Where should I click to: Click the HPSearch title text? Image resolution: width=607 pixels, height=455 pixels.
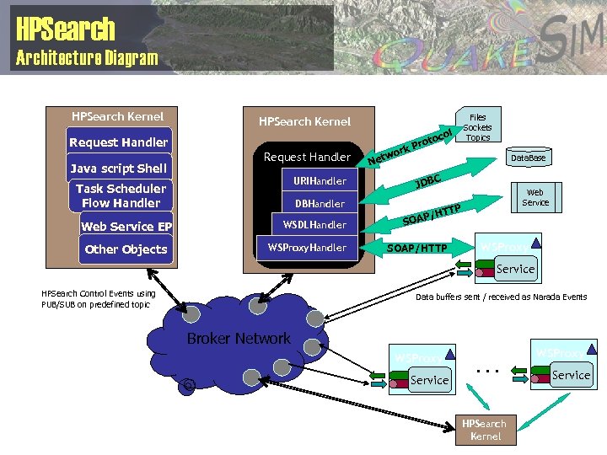[65, 29]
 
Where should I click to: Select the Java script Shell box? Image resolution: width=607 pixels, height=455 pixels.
[119, 169]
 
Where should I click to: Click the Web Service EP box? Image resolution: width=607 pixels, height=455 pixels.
[126, 226]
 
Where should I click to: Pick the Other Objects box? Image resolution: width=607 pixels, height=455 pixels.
[126, 249]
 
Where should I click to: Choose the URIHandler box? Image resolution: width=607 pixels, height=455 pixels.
[320, 181]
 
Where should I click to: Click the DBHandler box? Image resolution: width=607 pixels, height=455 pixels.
[320, 203]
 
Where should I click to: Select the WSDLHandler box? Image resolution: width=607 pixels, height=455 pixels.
[314, 225]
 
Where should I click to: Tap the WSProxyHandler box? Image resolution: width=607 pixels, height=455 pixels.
[307, 248]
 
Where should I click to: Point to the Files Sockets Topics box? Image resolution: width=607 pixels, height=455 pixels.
[477, 127]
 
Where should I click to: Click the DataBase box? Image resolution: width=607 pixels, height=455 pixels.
[528, 158]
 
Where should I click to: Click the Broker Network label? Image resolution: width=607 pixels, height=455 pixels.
[239, 339]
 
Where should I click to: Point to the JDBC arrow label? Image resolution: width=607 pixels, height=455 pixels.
[429, 181]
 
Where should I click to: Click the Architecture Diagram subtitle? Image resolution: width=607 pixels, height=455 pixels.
[87, 58]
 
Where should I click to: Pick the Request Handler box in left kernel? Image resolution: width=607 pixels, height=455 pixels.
[119, 142]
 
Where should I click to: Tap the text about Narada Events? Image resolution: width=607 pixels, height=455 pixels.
[502, 297]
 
